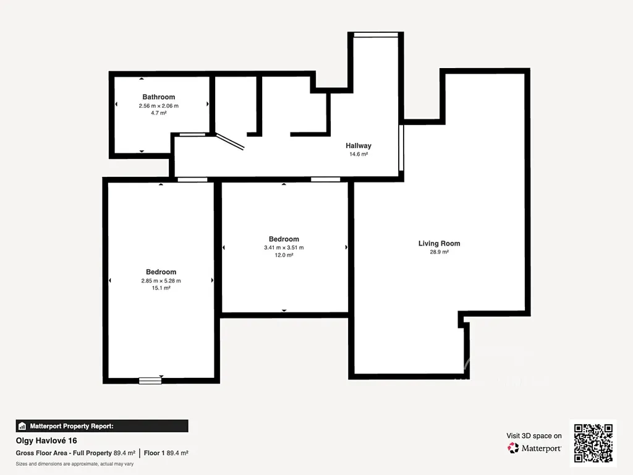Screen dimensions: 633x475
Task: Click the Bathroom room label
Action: pyautogui.click(x=159, y=97)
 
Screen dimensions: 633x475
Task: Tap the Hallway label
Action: pyautogui.click(x=359, y=146)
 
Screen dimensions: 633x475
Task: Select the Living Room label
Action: pyautogui.click(x=440, y=243)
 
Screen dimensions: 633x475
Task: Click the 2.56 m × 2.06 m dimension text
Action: pyautogui.click(x=159, y=106)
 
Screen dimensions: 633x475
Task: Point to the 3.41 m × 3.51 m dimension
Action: pyautogui.click(x=284, y=247)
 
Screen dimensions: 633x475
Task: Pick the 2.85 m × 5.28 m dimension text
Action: pyautogui.click(x=161, y=281)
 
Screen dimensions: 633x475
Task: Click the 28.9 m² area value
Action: pyautogui.click(x=440, y=252)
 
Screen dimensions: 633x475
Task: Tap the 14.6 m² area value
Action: pyautogui.click(x=359, y=154)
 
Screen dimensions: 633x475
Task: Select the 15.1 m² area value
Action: pyautogui.click(x=161, y=288)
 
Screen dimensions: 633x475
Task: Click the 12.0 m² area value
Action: pyautogui.click(x=284, y=255)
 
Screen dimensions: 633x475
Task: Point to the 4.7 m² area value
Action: pyautogui.click(x=159, y=113)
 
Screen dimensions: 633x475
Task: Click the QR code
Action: pyautogui.click(x=593, y=443)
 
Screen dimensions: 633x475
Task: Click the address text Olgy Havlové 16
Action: pyautogui.click(x=46, y=440)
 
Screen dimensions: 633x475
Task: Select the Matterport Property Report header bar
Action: pyautogui.click(x=102, y=426)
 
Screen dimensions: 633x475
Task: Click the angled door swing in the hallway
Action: pyautogui.click(x=230, y=142)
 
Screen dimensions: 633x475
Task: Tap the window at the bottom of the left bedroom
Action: pyautogui.click(x=150, y=380)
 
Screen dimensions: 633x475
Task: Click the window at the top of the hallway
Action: pyautogui.click(x=376, y=35)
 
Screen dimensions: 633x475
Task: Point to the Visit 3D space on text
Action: pyautogui.click(x=534, y=436)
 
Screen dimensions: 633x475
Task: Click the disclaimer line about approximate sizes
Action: pyautogui.click(x=75, y=464)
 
